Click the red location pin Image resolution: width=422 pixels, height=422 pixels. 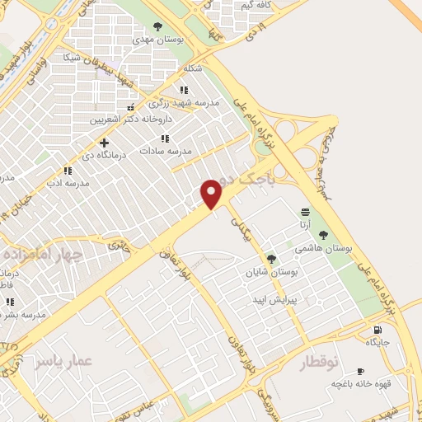(212, 194)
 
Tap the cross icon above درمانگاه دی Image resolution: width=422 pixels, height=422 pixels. (104, 143)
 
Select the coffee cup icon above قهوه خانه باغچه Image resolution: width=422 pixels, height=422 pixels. (360, 372)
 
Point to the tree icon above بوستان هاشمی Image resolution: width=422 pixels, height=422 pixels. (335, 235)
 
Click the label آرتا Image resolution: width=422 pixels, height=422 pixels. (305, 224)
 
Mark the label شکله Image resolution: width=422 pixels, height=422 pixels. (193, 68)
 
